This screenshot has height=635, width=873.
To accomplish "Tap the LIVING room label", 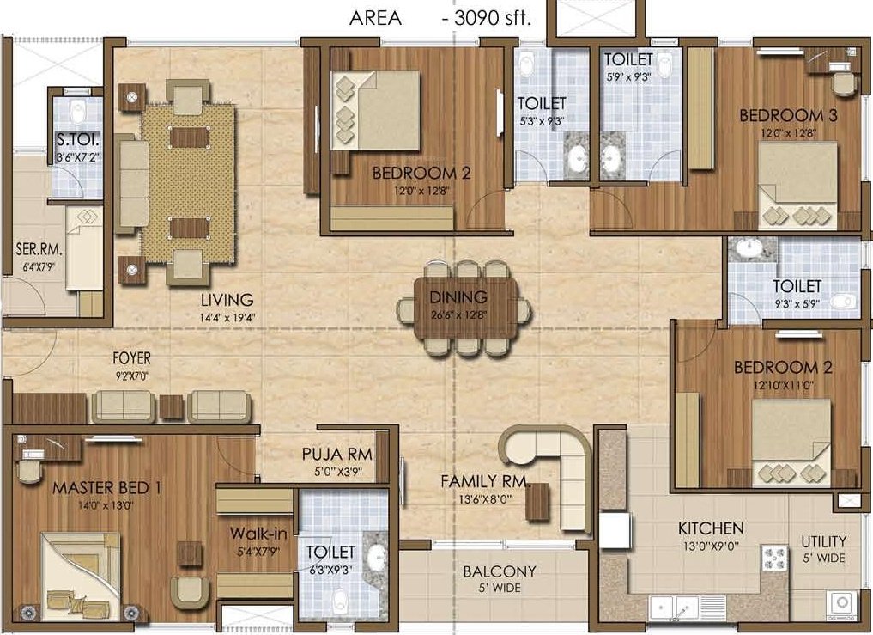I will point(227,300).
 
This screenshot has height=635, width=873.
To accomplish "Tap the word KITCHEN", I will point(711,528).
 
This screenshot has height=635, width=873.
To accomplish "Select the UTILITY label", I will point(824,541).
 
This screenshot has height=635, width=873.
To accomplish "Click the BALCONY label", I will point(500,571).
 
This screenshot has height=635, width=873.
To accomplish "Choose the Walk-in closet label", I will point(258,534).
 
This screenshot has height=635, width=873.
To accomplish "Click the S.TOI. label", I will point(72,140).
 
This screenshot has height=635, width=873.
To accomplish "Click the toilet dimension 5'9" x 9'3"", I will point(628,76).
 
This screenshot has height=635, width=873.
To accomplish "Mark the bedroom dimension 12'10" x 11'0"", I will point(782,385).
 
